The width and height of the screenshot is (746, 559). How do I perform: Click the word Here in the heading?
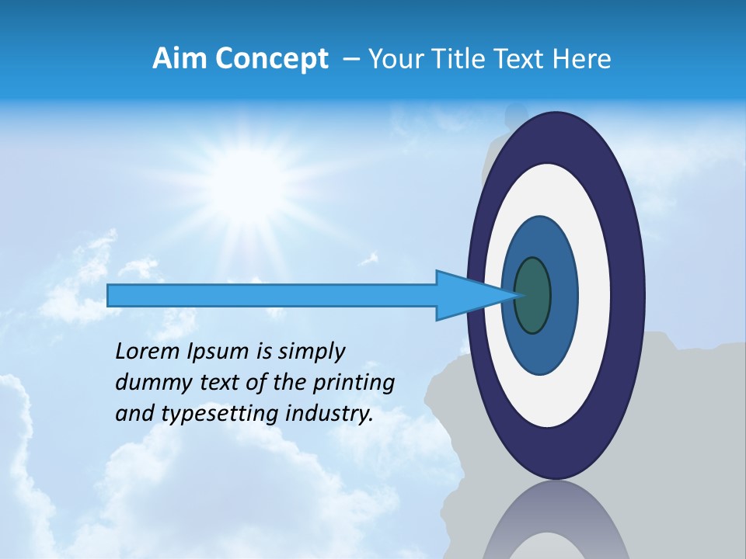(x=584, y=59)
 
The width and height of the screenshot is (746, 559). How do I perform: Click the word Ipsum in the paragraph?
(x=218, y=352)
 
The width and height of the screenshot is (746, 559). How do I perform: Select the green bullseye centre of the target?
(x=533, y=296)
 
